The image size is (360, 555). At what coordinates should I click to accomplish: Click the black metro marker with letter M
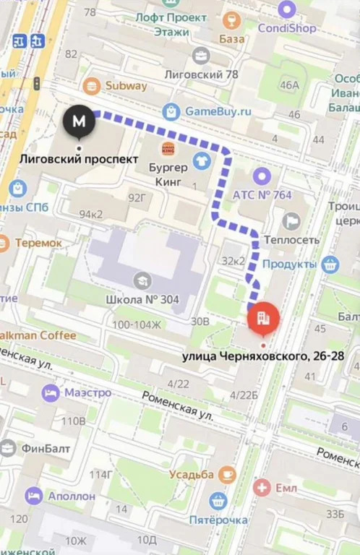click(80, 120)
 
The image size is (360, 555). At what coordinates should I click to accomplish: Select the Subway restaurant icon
click(92, 87)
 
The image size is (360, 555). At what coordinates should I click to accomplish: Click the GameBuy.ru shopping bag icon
click(171, 111)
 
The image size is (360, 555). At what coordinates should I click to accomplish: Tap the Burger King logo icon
click(168, 149)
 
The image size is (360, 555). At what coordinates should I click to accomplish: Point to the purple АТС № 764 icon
click(261, 176)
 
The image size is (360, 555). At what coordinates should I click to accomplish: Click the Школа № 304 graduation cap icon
click(142, 280)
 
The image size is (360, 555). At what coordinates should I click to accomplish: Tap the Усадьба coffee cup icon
click(228, 474)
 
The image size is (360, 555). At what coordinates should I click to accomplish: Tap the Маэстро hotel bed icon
click(51, 392)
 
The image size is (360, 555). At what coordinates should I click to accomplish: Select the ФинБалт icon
click(7, 448)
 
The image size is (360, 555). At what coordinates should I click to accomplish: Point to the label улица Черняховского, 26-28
click(263, 356)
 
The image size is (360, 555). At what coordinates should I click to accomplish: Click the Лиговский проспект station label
click(77, 158)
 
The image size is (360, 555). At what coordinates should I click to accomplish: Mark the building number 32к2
click(234, 260)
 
